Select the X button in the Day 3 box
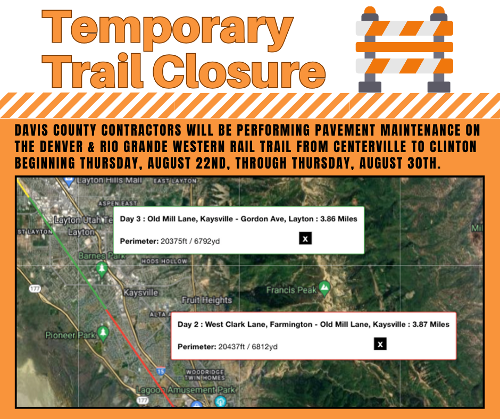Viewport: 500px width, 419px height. (305, 238)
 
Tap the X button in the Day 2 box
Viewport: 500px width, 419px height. (380, 344)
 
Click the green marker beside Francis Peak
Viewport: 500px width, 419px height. (324, 289)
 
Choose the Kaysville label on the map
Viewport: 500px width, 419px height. (141, 292)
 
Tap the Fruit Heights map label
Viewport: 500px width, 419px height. (207, 300)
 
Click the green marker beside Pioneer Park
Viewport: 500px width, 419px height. (103, 333)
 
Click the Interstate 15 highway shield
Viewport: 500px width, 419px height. (161, 371)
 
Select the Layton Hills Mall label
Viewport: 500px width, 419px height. (109, 180)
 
